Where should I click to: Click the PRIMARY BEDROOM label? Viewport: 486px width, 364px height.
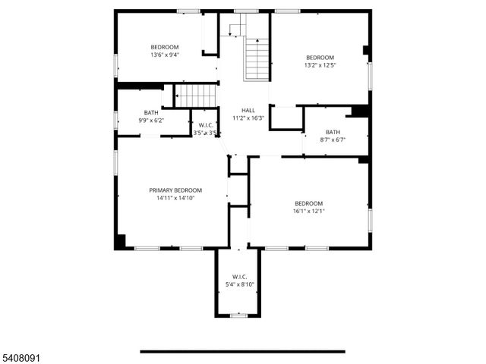(x=175, y=190)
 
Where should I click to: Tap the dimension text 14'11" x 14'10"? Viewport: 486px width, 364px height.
(x=175, y=198)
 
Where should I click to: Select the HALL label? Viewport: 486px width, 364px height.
(x=248, y=110)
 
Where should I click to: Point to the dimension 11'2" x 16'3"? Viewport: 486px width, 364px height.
(x=248, y=118)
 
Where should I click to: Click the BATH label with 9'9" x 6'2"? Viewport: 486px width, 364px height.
(x=151, y=113)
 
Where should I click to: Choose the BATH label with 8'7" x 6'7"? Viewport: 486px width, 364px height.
(x=333, y=132)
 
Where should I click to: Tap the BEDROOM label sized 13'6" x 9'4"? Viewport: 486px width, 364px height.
(x=165, y=47)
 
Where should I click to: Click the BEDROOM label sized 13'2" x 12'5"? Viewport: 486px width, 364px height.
(x=320, y=58)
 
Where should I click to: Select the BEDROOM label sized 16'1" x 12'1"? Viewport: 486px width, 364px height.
(x=308, y=203)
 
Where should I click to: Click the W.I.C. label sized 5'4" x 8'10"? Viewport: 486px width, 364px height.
(x=239, y=277)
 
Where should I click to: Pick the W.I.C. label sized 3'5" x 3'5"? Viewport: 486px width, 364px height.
(x=205, y=125)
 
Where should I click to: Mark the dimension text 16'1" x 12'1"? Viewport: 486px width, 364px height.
(x=308, y=211)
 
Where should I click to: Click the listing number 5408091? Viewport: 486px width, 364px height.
(x=21, y=356)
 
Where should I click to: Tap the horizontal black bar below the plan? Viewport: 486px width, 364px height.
(x=242, y=351)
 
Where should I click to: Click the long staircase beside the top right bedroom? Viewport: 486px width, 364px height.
(x=257, y=58)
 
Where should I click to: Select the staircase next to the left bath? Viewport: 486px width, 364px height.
(x=197, y=96)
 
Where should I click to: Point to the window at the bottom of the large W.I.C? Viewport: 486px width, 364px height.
(x=238, y=315)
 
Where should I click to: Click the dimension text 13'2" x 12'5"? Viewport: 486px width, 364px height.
(x=320, y=65)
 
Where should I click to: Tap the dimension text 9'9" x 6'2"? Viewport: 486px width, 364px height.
(x=151, y=121)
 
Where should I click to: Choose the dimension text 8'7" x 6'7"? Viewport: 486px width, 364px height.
(x=333, y=140)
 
